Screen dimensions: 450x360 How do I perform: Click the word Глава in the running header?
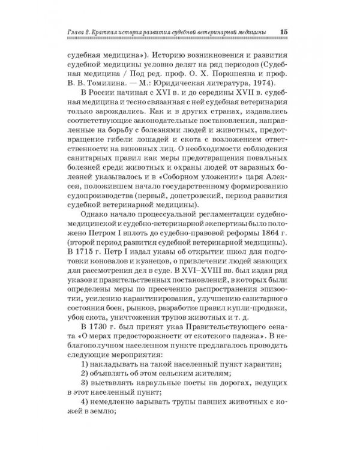(x=78, y=32)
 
